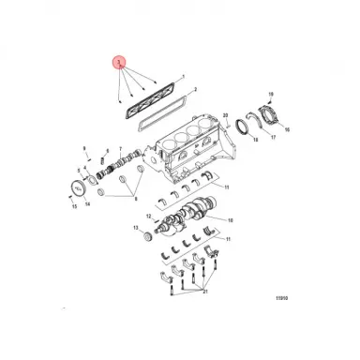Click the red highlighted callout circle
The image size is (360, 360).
coord(118,64)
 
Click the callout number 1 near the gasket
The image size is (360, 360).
coord(183,75)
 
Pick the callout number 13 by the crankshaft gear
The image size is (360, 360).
coord(135,228)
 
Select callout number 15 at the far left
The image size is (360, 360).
coord(74,208)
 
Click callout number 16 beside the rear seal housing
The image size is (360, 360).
coord(287,130)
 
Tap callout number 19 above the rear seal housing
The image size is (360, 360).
coord(271,95)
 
